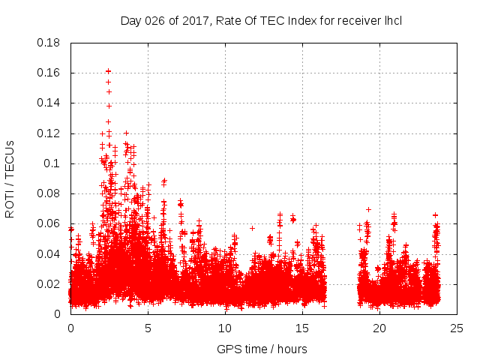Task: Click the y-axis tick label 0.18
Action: (x=50, y=43)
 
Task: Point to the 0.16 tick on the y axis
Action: (x=50, y=73)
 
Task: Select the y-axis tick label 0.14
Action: (x=50, y=103)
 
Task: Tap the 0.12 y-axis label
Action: (x=50, y=133)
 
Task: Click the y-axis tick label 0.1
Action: (x=53, y=163)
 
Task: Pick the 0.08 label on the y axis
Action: (x=50, y=193)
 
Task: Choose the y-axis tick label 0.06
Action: (x=50, y=223)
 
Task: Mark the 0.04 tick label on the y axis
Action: (x=50, y=253)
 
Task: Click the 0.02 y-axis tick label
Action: (x=50, y=283)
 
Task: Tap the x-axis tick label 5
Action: (x=148, y=328)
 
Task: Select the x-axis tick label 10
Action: (x=225, y=328)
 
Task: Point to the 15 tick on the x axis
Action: (x=302, y=328)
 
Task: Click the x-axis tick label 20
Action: (x=379, y=328)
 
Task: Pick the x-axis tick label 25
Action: (x=457, y=328)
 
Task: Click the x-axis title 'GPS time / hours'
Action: (x=262, y=349)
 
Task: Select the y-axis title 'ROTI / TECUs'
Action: (x=10, y=178)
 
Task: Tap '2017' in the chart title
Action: (x=190, y=20)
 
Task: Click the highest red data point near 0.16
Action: (x=108, y=71)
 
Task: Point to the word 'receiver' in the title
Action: (x=355, y=20)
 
